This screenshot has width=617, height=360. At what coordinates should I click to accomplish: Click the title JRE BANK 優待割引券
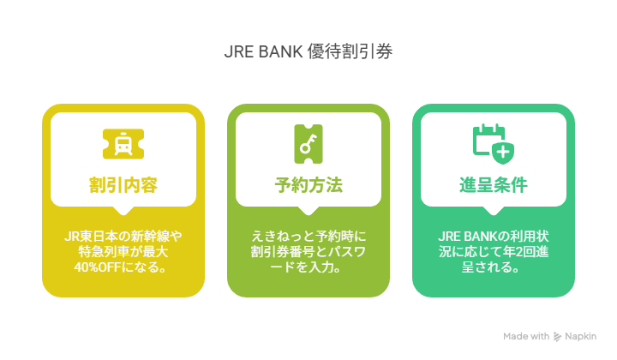[308, 51]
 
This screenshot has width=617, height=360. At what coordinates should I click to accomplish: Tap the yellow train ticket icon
[123, 144]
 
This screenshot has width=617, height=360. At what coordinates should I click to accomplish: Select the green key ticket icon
[308, 144]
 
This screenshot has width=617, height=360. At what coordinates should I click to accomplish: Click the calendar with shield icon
[494, 144]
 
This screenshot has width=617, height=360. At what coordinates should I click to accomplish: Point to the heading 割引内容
[123, 185]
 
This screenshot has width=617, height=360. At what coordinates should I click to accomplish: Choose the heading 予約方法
[308, 185]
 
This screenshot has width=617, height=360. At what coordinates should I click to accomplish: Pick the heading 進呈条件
[494, 185]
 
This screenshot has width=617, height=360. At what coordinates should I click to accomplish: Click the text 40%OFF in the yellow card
[98, 267]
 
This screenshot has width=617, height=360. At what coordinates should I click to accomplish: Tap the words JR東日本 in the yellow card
[92, 237]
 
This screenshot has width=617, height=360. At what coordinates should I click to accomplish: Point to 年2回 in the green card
[519, 252]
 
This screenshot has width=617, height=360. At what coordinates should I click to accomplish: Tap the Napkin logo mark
[557, 337]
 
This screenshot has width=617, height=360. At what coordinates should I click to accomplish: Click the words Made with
[526, 336]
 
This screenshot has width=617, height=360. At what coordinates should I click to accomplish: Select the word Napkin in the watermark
[581, 336]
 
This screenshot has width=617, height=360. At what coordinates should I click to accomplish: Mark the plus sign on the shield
[503, 153]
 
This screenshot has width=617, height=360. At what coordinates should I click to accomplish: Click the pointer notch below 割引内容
[123, 211]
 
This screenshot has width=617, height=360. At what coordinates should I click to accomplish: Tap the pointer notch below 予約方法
[308, 211]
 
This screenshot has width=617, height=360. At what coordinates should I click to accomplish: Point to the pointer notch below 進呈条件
[494, 211]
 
